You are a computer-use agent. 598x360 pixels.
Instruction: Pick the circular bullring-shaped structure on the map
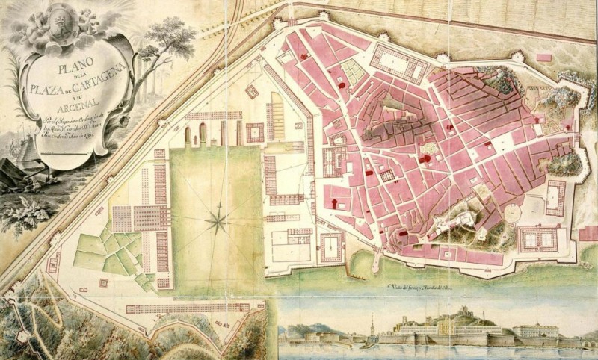[x=513, y=214]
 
